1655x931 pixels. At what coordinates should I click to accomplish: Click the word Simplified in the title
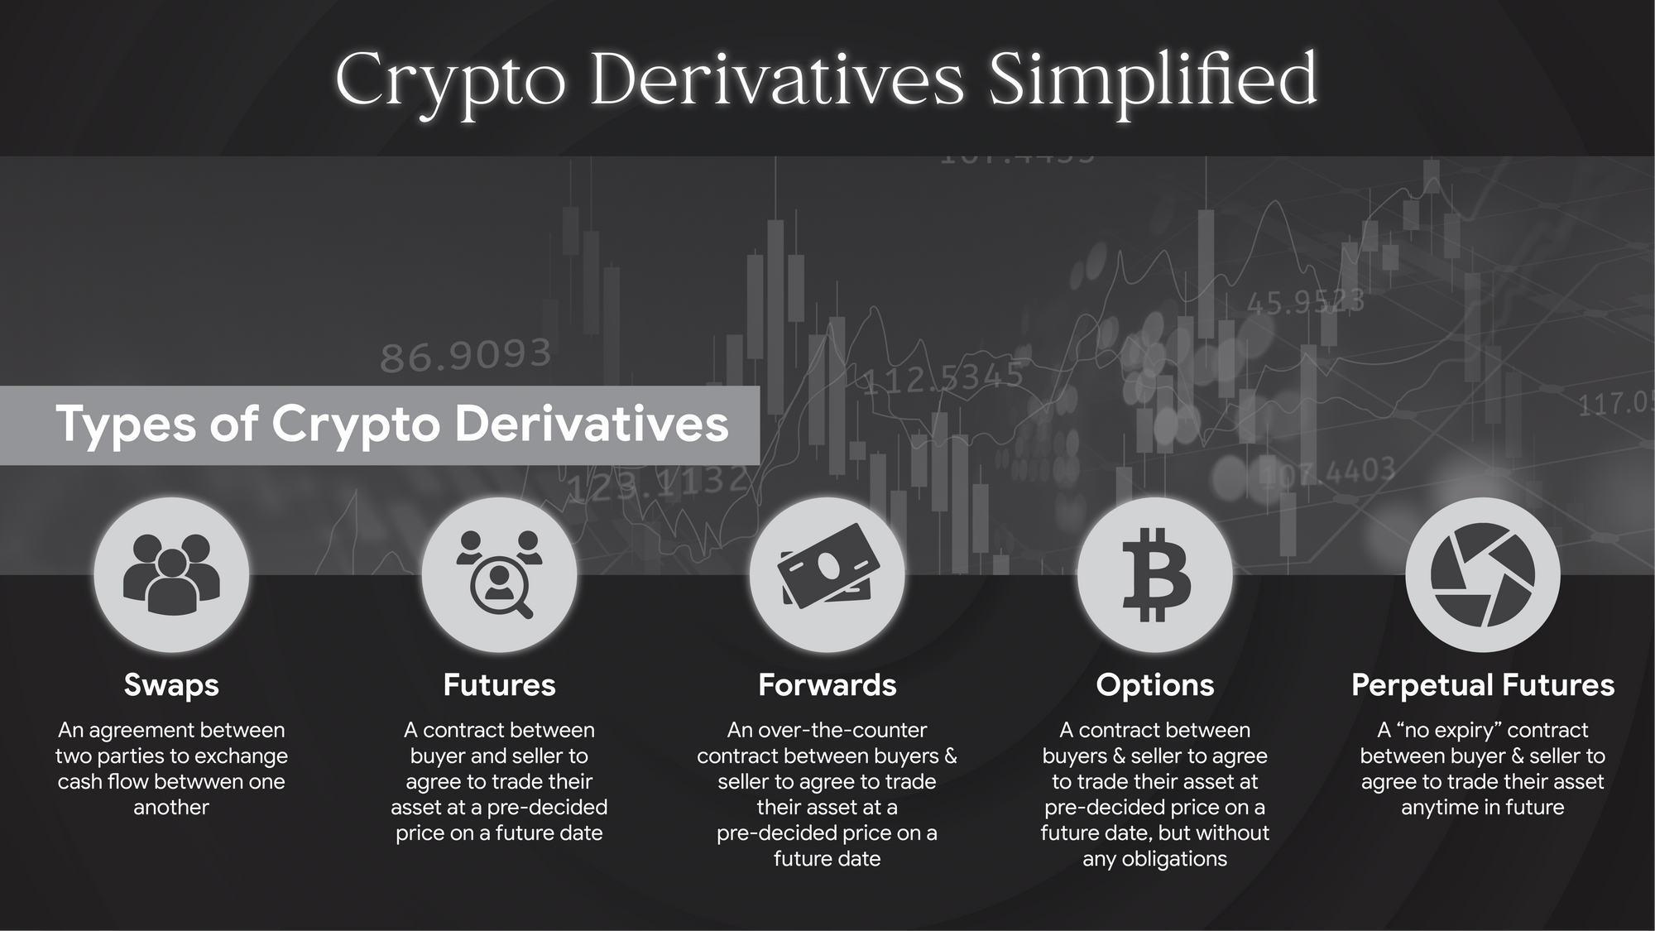[x=1152, y=81]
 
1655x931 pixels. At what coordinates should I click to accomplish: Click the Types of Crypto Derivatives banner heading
[x=392, y=424]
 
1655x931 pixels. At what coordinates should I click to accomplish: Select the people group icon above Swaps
[x=171, y=573]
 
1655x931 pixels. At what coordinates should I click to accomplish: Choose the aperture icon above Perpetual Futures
[x=1483, y=574]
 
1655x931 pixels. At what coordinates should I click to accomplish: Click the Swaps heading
[x=171, y=685]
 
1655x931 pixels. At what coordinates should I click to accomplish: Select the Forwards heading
[x=827, y=685]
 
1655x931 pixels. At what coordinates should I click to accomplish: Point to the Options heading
[x=1155, y=686]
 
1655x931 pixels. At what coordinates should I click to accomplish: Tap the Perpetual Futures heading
[x=1483, y=686]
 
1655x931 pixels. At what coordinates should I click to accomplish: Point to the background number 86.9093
[x=466, y=356]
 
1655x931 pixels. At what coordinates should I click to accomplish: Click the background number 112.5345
[x=943, y=379]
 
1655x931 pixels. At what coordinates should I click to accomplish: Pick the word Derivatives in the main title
[x=778, y=79]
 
